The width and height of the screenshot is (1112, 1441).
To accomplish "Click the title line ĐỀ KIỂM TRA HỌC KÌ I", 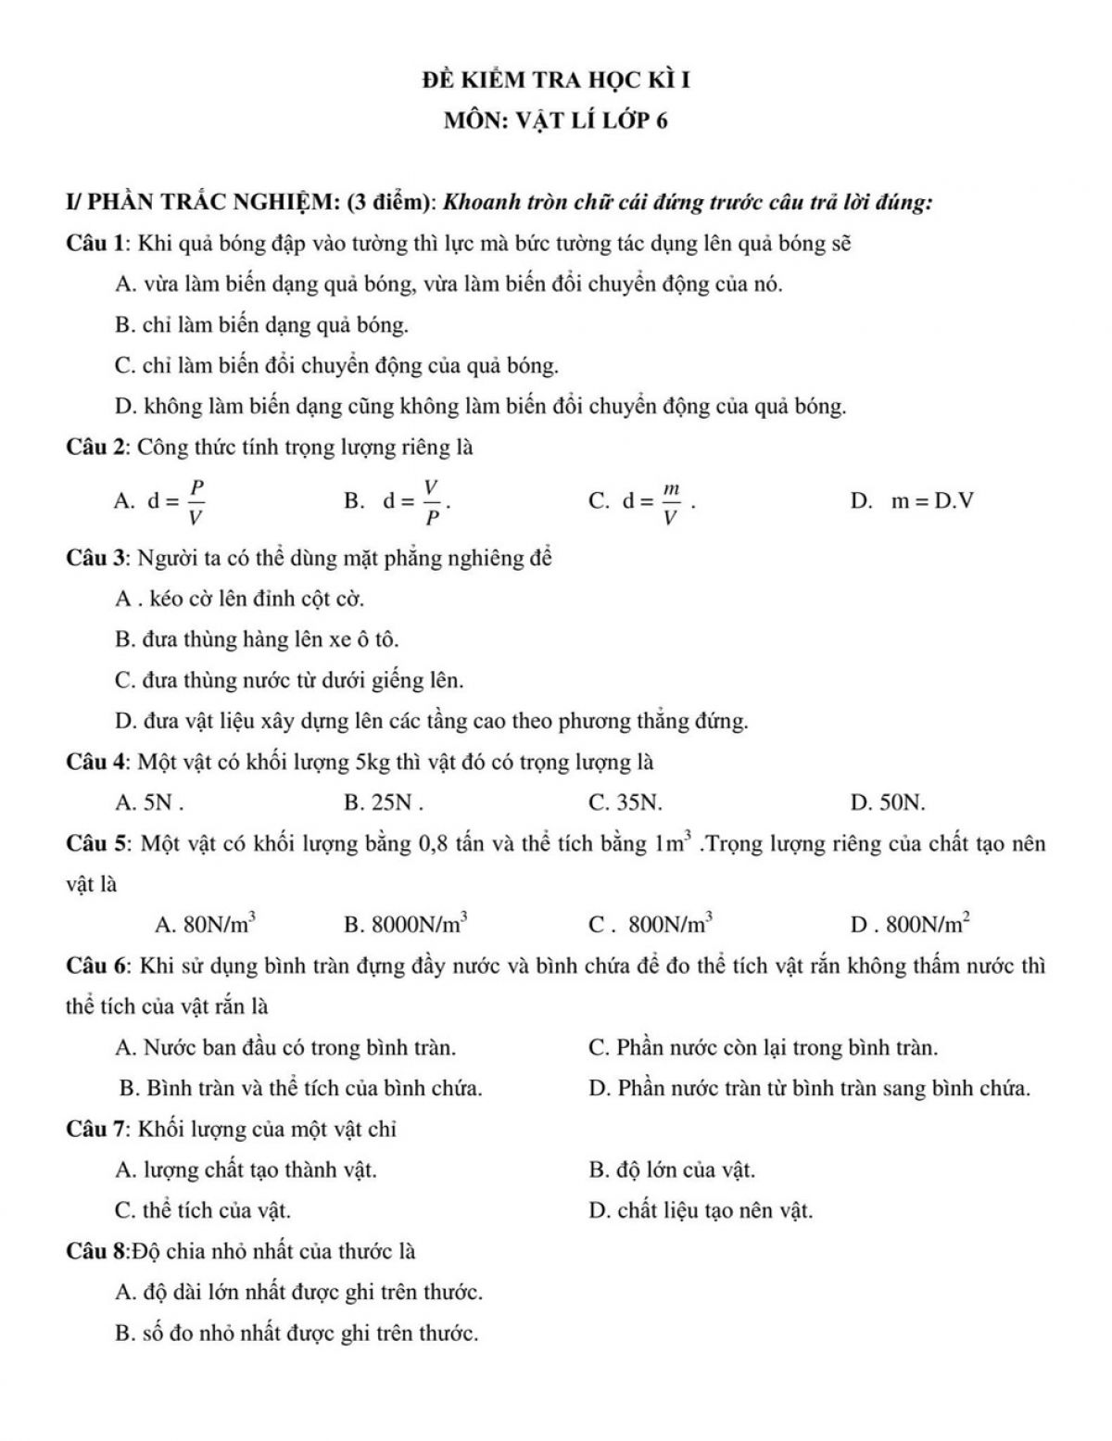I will [555, 81].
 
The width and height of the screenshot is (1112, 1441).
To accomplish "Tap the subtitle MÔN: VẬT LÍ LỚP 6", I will [555, 120].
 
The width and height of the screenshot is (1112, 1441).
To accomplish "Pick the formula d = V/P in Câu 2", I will [416, 501].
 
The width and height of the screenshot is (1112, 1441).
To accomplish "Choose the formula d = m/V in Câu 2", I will [657, 501].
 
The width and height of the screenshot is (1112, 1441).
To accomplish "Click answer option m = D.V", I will [931, 501].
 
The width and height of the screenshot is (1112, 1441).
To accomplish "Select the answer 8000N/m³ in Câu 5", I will [419, 923].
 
